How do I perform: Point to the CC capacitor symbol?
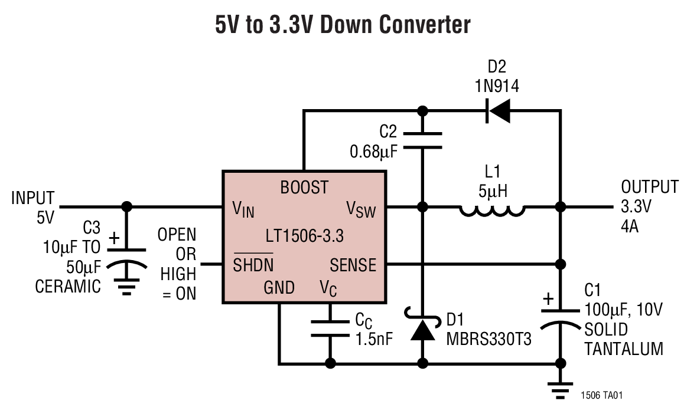pyautogui.click(x=330, y=328)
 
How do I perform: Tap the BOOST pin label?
pyautogui.click(x=304, y=188)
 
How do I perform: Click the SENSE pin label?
pyautogui.click(x=353, y=265)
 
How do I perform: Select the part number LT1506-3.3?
pyautogui.click(x=304, y=237)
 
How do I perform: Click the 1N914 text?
pyautogui.click(x=497, y=87)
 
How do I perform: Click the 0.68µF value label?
pyautogui.click(x=373, y=152)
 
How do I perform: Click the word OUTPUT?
pyautogui.click(x=650, y=188)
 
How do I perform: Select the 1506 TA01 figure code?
pyautogui.click(x=601, y=395)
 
